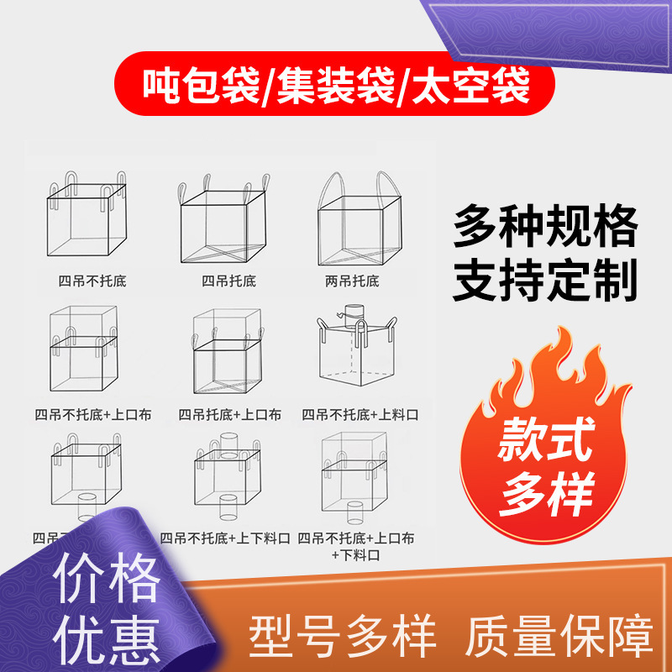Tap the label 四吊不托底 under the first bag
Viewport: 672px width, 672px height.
[87, 281]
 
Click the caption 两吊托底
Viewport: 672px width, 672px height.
[352, 281]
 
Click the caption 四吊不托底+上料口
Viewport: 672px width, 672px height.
[360, 414]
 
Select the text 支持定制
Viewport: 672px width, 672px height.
[546, 281]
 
